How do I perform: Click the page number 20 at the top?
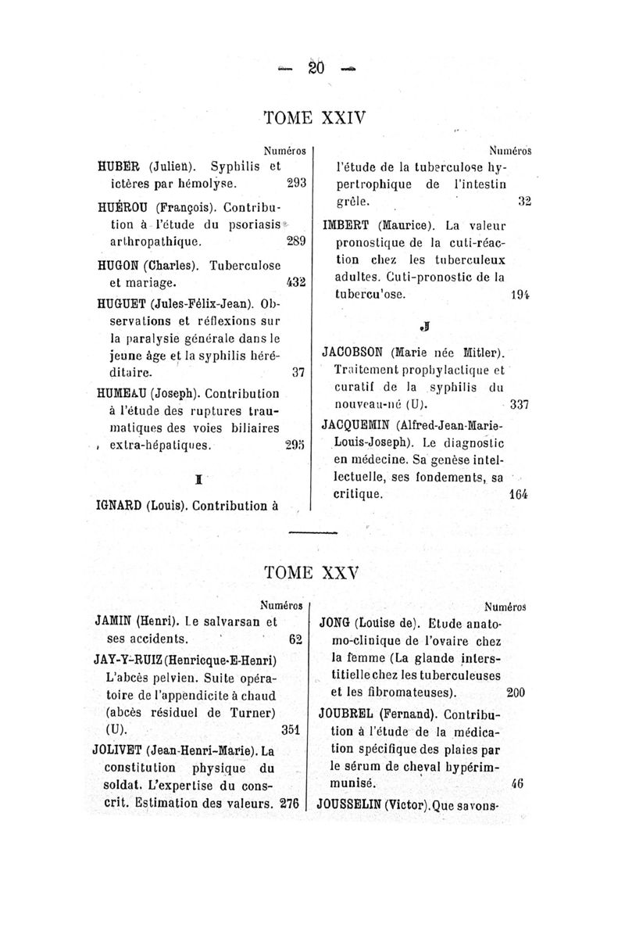(x=316, y=67)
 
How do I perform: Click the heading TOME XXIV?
(x=315, y=118)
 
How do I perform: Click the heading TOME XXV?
(x=315, y=573)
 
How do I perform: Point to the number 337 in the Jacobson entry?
(x=520, y=405)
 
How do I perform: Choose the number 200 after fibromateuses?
(x=516, y=693)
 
